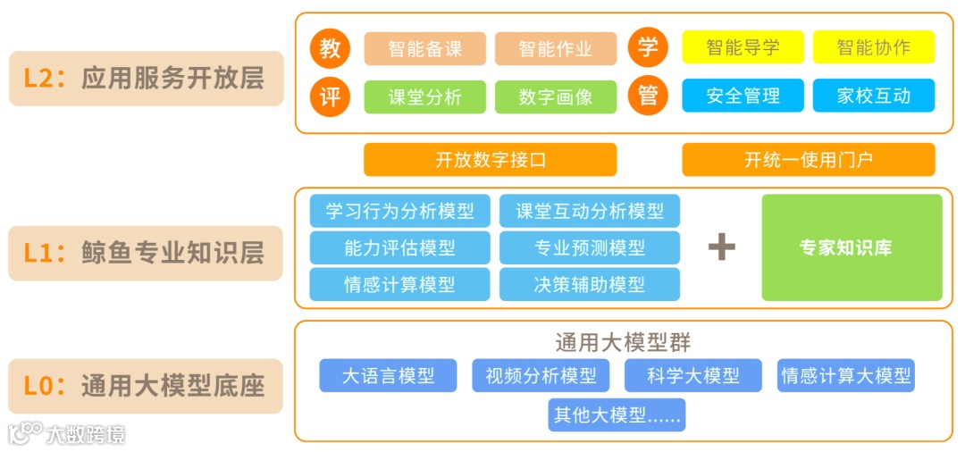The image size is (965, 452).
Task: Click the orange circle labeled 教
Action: tap(331, 48)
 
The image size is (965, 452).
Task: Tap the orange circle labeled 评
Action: tap(331, 96)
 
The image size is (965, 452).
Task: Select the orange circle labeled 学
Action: tap(649, 48)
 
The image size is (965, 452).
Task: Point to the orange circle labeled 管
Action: tap(649, 96)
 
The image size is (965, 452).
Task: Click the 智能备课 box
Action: tap(425, 48)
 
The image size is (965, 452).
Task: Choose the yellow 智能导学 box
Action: tap(743, 48)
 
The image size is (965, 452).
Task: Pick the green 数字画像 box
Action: tap(556, 96)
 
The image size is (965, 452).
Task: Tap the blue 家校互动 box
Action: tap(873, 96)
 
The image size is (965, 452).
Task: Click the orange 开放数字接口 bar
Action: tap(490, 160)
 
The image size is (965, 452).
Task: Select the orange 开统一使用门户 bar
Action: tap(808, 160)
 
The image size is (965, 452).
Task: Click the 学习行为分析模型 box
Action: tap(399, 212)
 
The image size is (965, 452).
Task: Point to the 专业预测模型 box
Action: tap(589, 247)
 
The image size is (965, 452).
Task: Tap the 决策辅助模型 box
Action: tap(589, 284)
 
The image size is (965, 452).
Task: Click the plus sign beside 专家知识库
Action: tap(721, 247)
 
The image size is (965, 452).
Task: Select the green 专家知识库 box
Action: tap(852, 247)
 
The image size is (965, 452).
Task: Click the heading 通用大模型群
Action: tap(623, 342)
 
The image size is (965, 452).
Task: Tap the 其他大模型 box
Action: tap(617, 415)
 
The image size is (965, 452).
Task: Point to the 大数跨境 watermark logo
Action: tap(67, 434)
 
